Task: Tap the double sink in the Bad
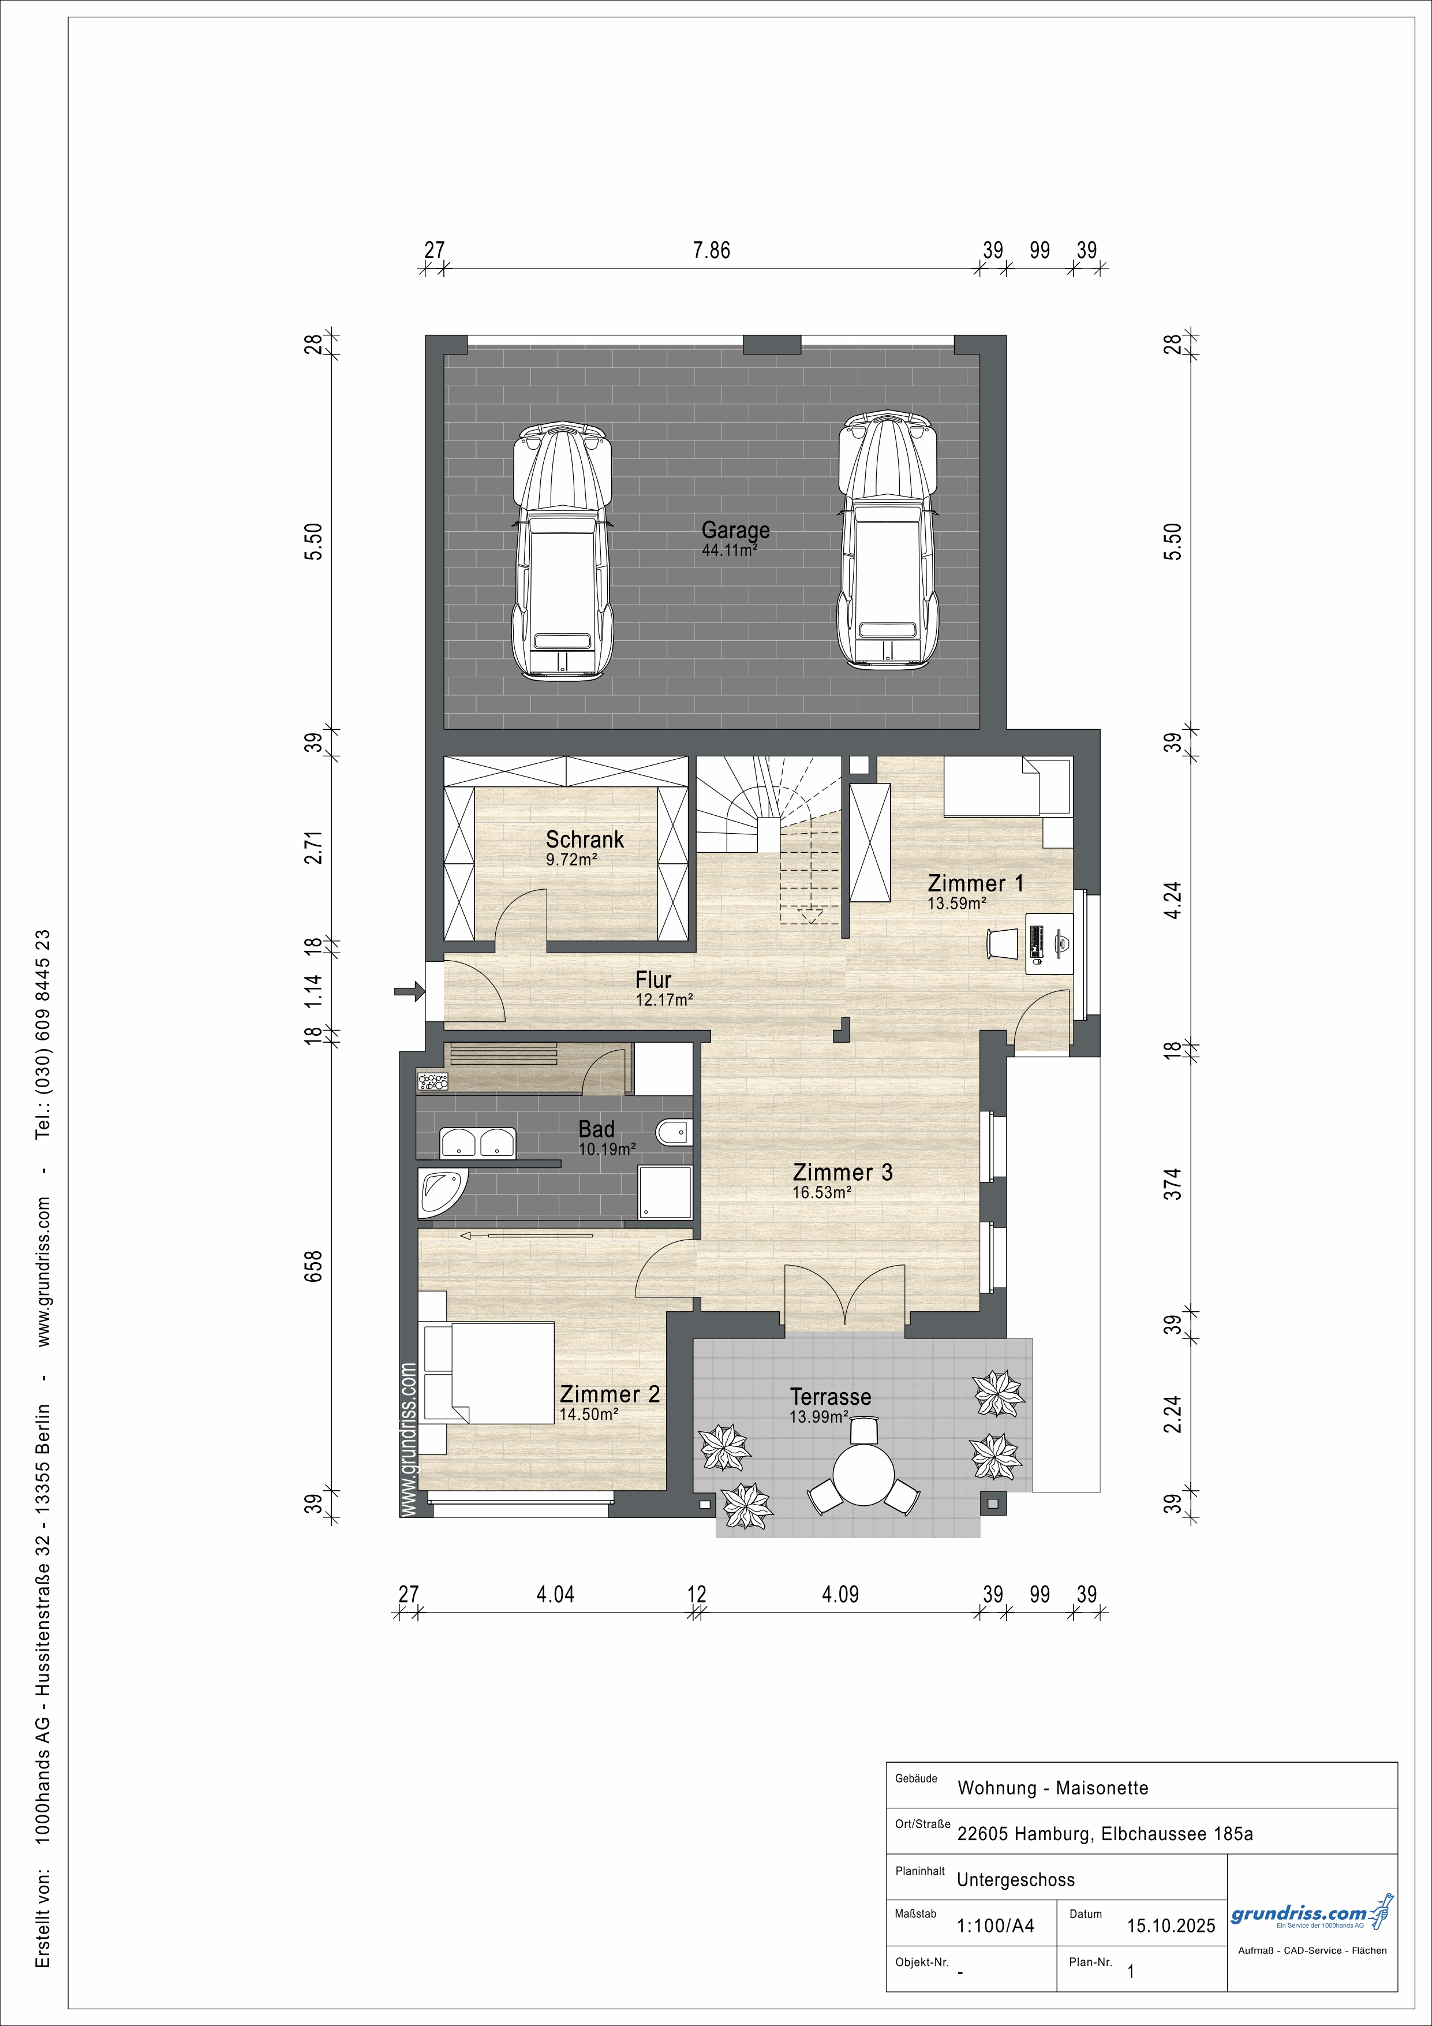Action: tap(478, 1142)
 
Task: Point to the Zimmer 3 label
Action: tap(843, 1173)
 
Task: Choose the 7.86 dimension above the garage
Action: tap(711, 251)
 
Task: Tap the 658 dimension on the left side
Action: tap(313, 1266)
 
